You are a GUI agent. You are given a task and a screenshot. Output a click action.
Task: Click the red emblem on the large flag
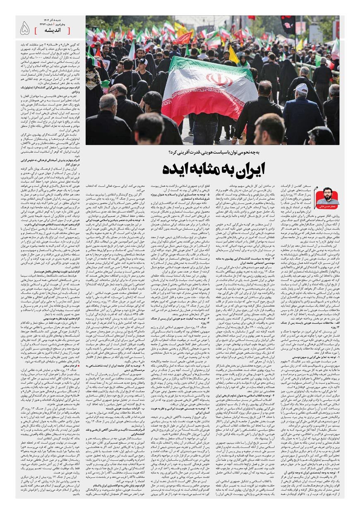coord(219,79)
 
